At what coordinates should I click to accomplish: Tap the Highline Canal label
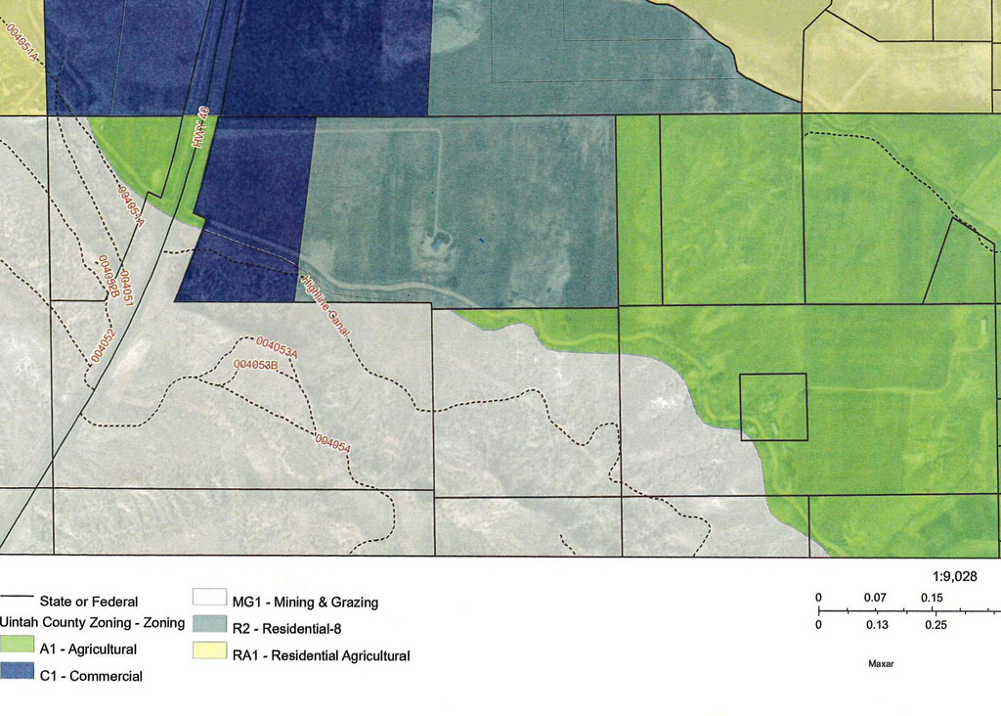click(326, 306)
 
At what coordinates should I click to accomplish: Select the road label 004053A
click(276, 348)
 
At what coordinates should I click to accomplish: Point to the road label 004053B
click(256, 366)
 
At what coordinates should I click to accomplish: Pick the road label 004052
click(103, 345)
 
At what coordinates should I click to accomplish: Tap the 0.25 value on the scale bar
click(936, 625)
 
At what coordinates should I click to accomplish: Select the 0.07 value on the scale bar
click(876, 598)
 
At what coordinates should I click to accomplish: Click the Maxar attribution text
click(881, 663)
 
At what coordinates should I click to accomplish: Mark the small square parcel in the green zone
click(773, 407)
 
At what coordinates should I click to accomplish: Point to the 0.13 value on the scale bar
click(876, 625)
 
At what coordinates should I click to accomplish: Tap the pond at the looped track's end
click(440, 239)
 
